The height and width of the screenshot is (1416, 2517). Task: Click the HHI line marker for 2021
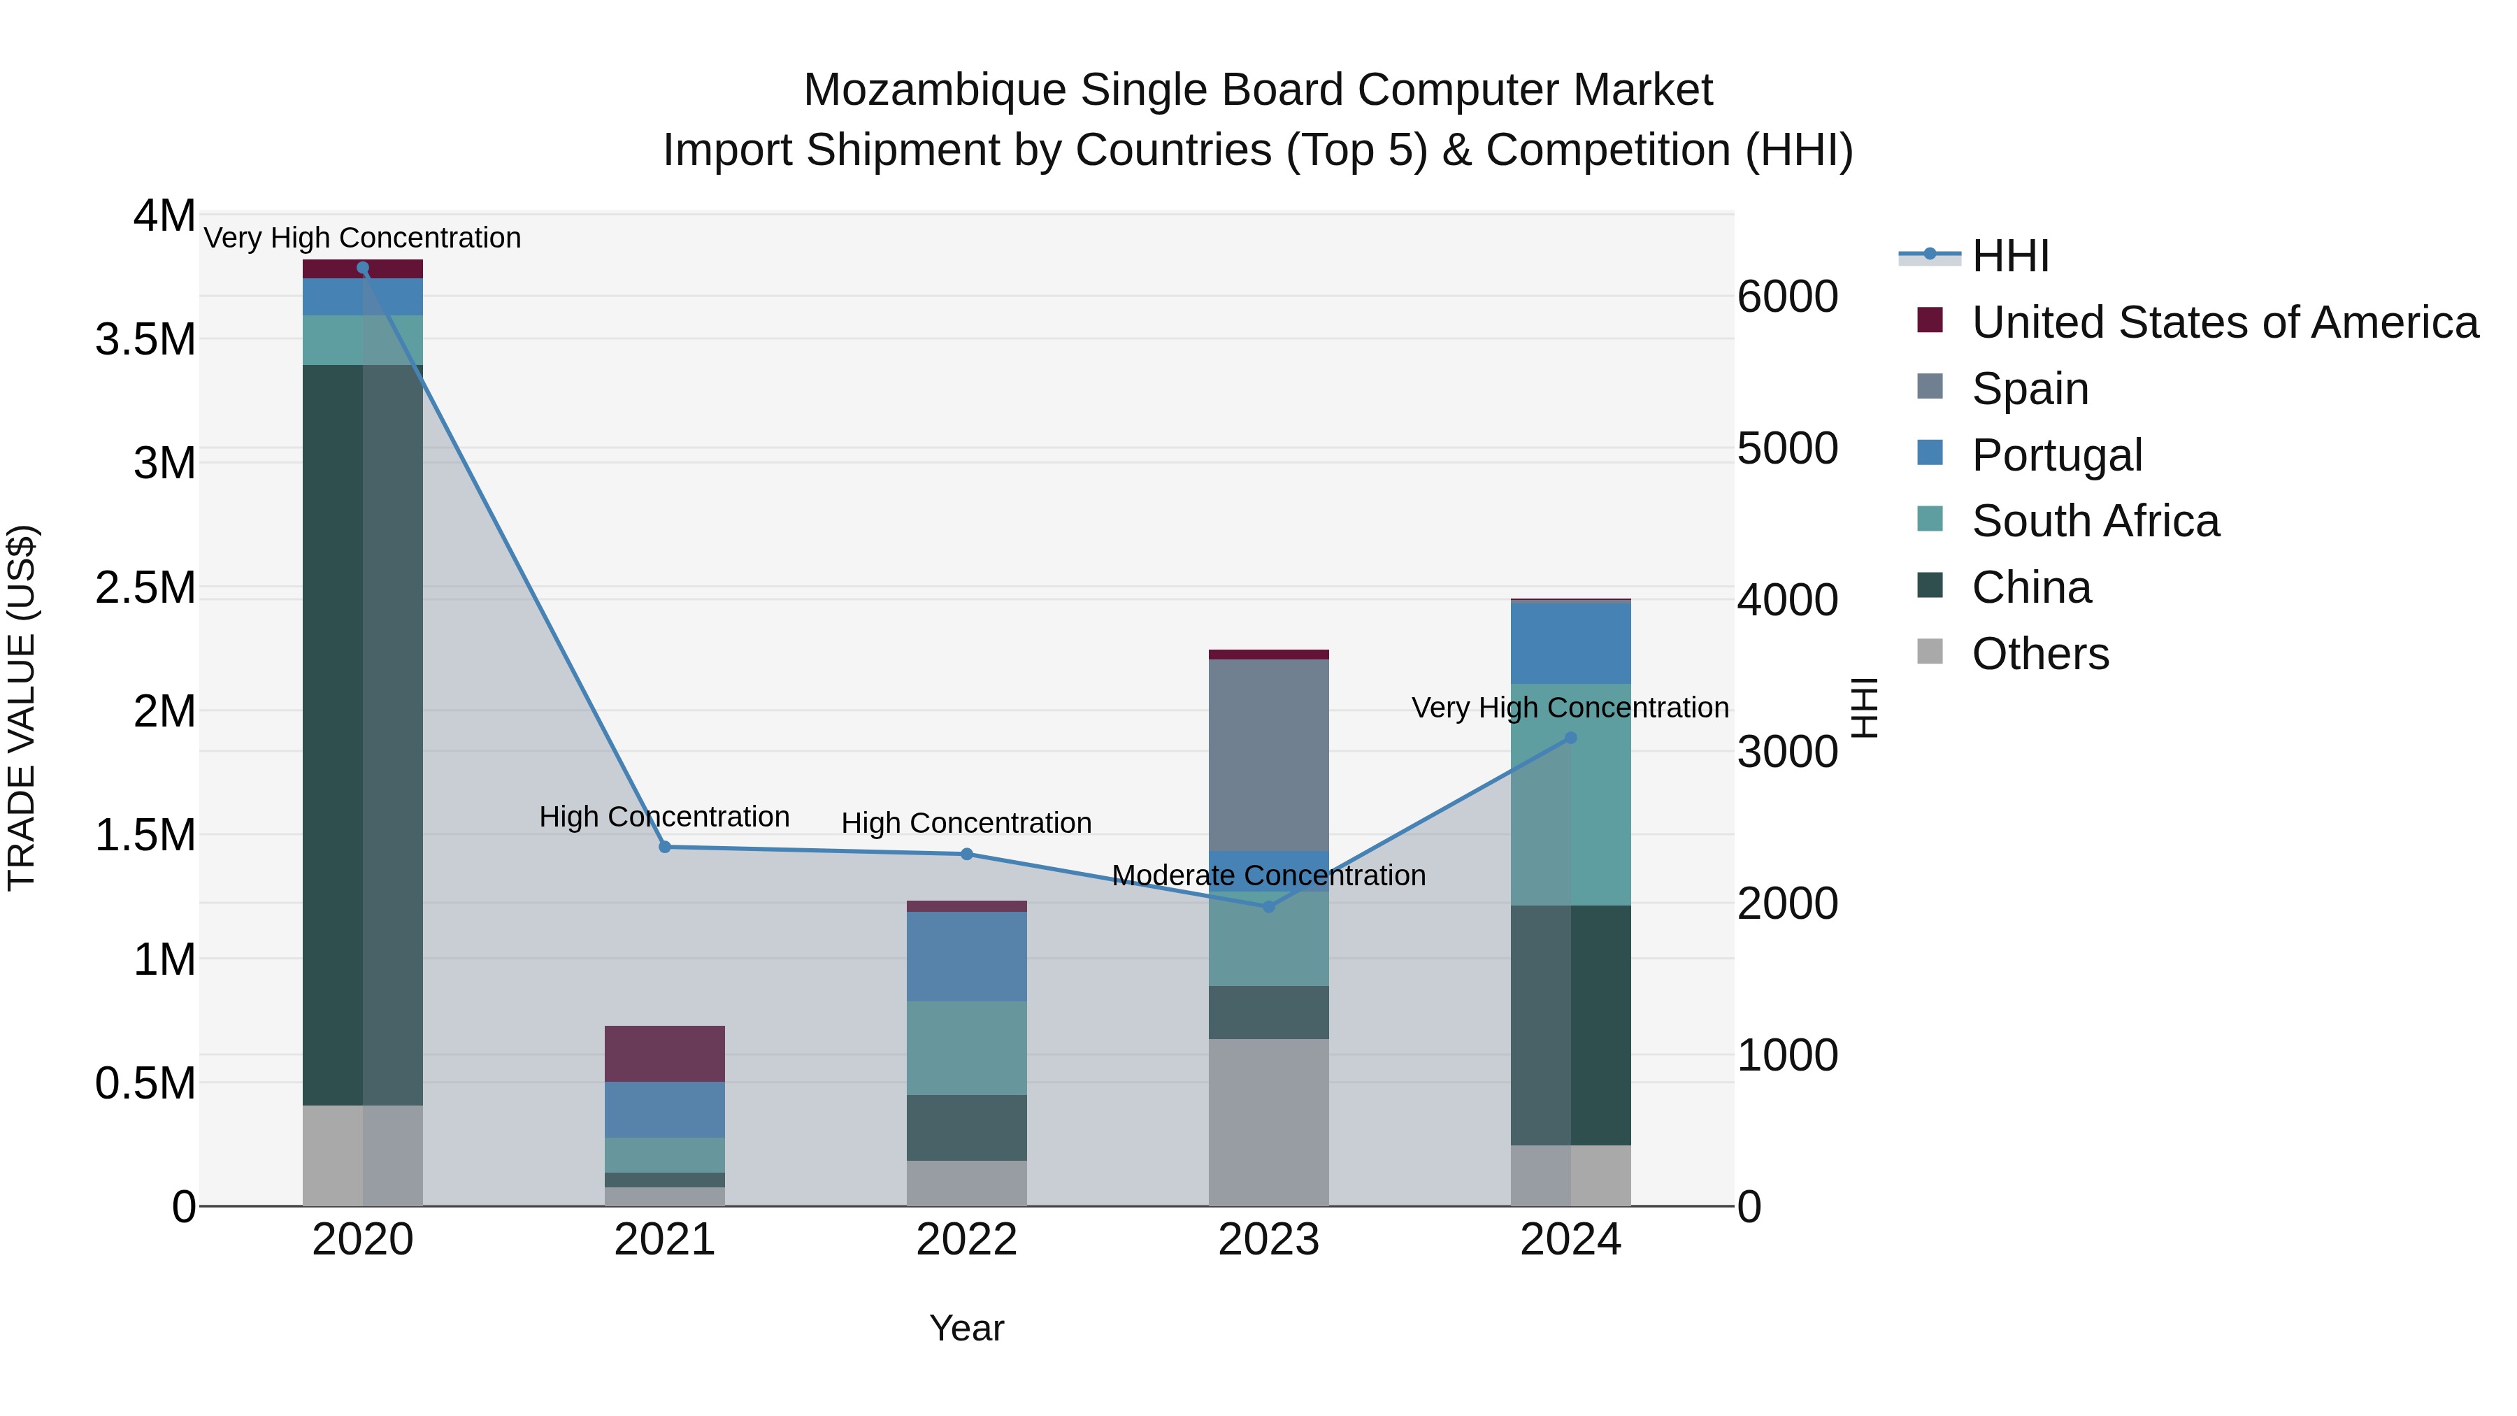(x=664, y=848)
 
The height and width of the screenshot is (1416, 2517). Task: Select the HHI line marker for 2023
(x=1268, y=907)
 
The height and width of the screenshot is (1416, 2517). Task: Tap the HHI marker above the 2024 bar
(x=1570, y=739)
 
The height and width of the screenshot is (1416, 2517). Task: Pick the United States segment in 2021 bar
(x=664, y=1054)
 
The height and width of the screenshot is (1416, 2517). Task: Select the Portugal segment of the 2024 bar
(x=1570, y=643)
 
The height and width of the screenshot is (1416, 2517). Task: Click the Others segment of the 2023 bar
(x=1268, y=1122)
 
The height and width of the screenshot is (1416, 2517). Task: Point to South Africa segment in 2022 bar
(x=966, y=1047)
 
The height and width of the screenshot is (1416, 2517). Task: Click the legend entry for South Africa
(x=2095, y=521)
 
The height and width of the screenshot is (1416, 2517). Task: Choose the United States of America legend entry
(x=2224, y=322)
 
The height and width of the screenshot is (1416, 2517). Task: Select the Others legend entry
(x=2039, y=654)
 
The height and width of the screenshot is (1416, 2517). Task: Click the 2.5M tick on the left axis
(x=145, y=587)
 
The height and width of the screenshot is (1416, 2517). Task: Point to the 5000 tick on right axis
(x=1787, y=448)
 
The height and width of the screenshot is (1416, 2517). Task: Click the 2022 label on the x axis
(x=966, y=1240)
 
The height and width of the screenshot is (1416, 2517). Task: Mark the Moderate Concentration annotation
(x=1268, y=875)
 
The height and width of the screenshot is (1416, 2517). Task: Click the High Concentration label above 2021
(x=664, y=817)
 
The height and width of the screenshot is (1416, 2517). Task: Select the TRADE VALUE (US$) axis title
(x=22, y=708)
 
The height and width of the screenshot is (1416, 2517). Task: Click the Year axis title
(x=966, y=1328)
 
